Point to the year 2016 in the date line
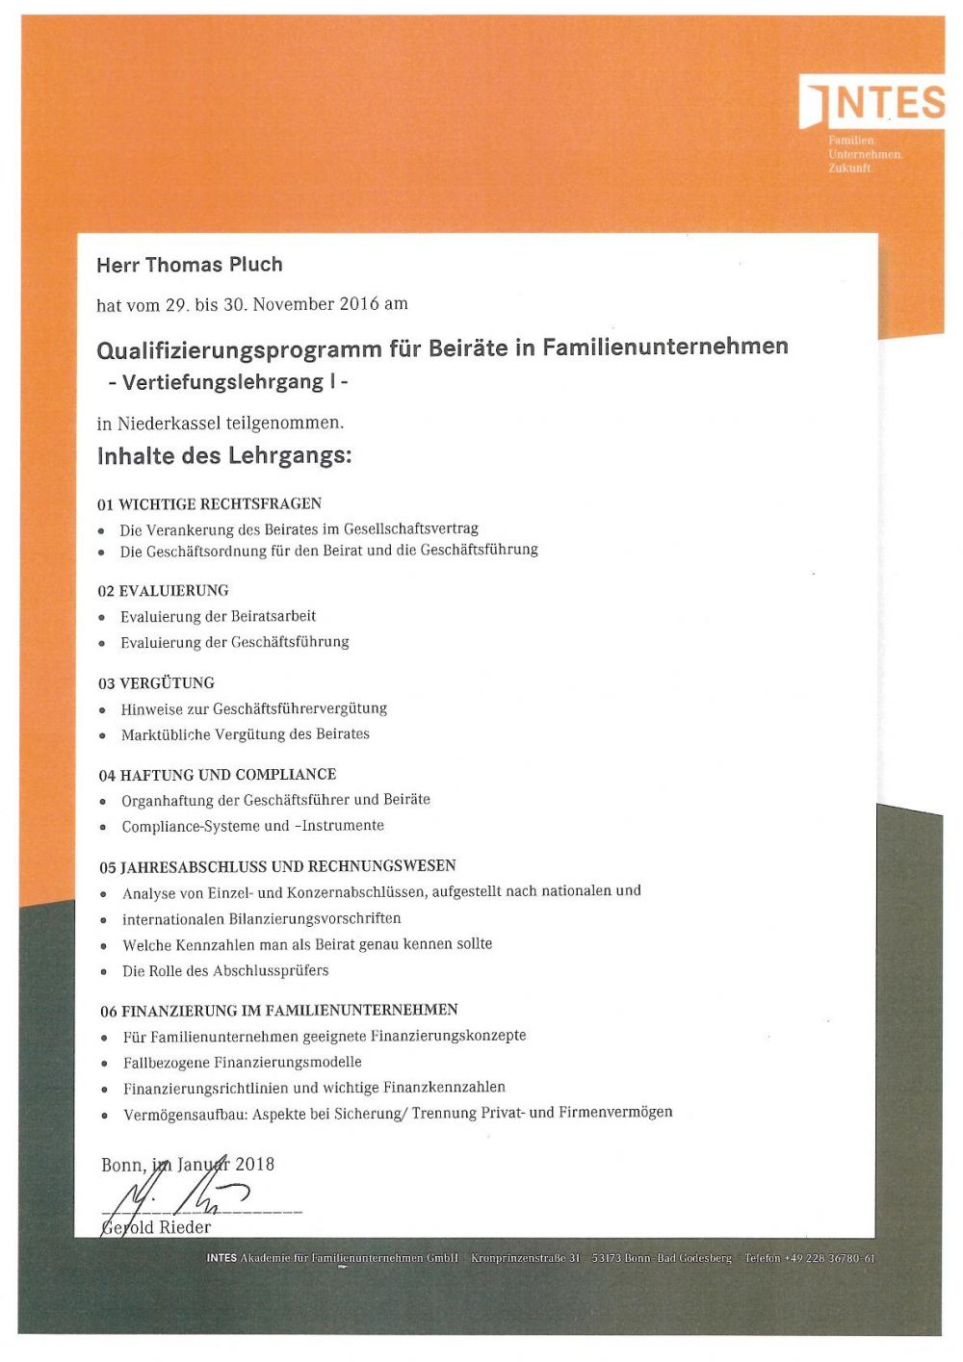pyautogui.click(x=359, y=304)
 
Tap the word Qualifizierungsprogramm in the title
pyautogui.click(x=239, y=347)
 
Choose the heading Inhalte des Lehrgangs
pyautogui.click(x=223, y=456)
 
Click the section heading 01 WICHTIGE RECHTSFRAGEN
pyautogui.click(x=209, y=503)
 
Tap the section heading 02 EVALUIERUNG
pyautogui.click(x=163, y=590)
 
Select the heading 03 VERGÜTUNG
pyautogui.click(x=156, y=682)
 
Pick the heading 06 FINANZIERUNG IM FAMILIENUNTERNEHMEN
pyautogui.click(x=278, y=1010)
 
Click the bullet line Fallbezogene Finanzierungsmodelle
pyautogui.click(x=242, y=1062)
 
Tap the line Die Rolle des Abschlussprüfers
pyautogui.click(x=224, y=970)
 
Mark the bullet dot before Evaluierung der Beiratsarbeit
pyautogui.click(x=102, y=617)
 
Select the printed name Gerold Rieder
pyautogui.click(x=156, y=1227)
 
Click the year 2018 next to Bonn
pyautogui.click(x=255, y=1164)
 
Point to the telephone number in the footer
pyautogui.click(x=828, y=1258)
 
